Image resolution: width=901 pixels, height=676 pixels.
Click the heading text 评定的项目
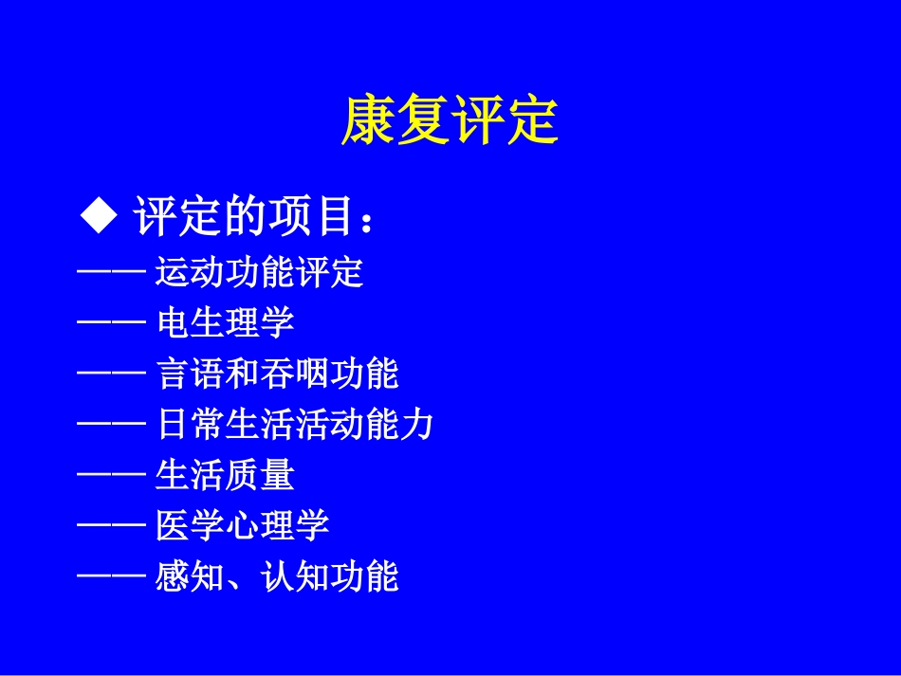(x=244, y=217)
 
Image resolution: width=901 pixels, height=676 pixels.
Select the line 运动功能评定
(x=259, y=273)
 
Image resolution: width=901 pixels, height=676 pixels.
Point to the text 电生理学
(x=225, y=323)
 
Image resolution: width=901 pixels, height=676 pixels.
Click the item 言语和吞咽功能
(x=277, y=374)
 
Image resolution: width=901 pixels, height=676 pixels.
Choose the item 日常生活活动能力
(x=294, y=424)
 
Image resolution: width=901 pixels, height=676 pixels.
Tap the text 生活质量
(x=225, y=474)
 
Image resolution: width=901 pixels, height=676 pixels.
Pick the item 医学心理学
(x=242, y=524)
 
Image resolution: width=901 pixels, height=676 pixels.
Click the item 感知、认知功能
(x=277, y=576)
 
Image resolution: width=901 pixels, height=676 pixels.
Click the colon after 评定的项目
(x=369, y=222)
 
